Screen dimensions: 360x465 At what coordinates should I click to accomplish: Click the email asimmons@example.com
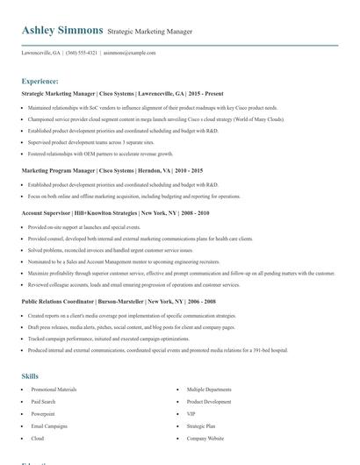coord(129,53)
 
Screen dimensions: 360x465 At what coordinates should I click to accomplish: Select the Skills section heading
coord(30,376)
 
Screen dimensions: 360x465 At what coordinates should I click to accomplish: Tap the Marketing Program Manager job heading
coord(112,170)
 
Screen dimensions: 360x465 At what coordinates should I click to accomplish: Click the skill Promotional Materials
coord(54,389)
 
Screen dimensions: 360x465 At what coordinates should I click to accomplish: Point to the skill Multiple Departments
coord(209,389)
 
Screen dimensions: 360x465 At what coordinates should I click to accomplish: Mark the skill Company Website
coord(205,438)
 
